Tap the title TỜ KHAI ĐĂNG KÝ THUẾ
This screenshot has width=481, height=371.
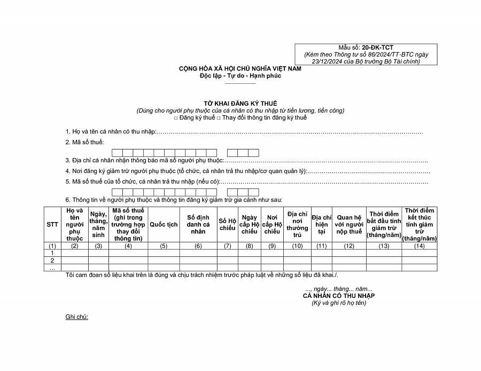(240, 104)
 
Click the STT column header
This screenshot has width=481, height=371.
(52, 225)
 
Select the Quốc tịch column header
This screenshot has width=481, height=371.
(164, 225)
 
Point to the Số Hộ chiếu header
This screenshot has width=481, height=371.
(227, 225)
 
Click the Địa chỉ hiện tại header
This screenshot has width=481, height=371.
(322, 225)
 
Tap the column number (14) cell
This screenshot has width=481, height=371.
(419, 246)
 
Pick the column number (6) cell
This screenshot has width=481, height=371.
(198, 246)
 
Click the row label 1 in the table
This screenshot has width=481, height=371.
(52, 253)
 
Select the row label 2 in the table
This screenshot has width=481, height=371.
(52, 261)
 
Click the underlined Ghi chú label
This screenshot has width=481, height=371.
(77, 317)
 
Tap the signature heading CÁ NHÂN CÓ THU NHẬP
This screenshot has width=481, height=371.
(339, 296)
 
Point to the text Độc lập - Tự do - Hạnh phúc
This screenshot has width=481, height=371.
(240, 76)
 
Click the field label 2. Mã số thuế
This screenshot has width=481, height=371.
(84, 142)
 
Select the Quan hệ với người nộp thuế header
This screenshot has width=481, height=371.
(349, 225)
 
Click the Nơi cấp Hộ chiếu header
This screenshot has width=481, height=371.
(272, 225)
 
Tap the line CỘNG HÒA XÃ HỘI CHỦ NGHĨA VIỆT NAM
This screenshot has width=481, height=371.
(240, 69)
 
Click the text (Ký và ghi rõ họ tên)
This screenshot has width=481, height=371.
(339, 303)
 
